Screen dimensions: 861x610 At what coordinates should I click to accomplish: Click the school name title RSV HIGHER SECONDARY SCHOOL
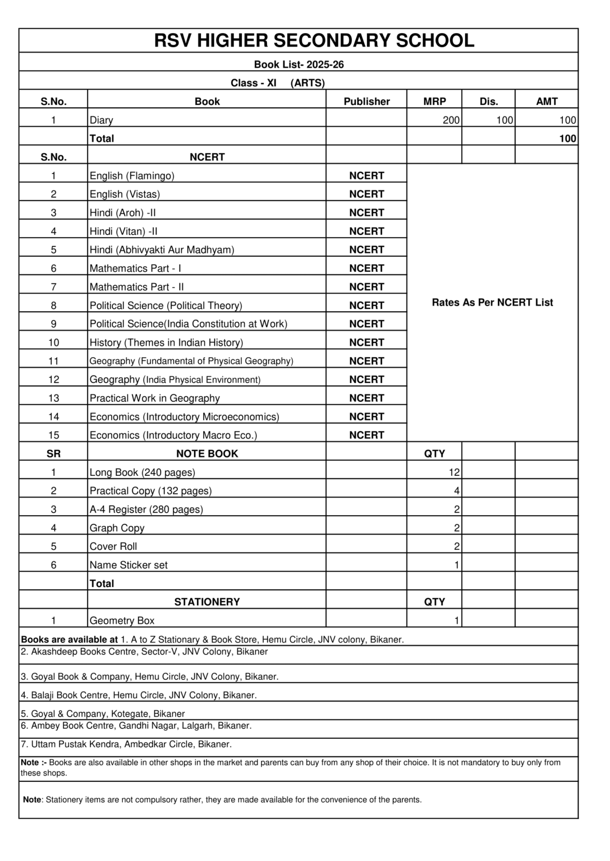click(314, 40)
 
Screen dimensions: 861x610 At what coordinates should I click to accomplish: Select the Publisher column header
click(366, 101)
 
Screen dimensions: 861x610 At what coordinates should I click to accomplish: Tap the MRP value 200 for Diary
click(451, 120)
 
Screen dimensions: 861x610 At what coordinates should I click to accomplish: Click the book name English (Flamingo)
click(132, 175)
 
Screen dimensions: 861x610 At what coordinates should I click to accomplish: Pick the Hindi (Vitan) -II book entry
click(123, 231)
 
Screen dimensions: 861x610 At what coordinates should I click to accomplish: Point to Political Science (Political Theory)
click(166, 305)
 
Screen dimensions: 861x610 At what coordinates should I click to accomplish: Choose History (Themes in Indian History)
click(166, 342)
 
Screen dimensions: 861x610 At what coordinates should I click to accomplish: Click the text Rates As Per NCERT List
click(492, 302)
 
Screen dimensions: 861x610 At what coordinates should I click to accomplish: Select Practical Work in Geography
click(155, 398)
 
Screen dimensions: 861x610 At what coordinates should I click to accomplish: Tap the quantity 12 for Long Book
click(454, 472)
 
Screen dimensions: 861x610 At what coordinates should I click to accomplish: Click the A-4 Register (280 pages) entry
click(146, 509)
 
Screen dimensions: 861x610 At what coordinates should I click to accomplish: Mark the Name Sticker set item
click(129, 565)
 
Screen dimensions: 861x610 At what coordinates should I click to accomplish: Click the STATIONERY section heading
click(207, 602)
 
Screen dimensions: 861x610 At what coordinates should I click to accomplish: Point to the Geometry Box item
click(122, 621)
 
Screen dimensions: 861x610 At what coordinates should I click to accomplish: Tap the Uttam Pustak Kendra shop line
click(126, 744)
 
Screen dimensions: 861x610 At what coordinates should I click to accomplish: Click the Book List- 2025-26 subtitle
click(299, 64)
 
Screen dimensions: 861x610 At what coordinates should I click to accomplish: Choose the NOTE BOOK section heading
click(207, 453)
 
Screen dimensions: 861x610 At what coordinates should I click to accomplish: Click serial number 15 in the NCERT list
click(53, 435)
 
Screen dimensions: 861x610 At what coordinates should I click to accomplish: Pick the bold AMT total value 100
click(567, 138)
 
